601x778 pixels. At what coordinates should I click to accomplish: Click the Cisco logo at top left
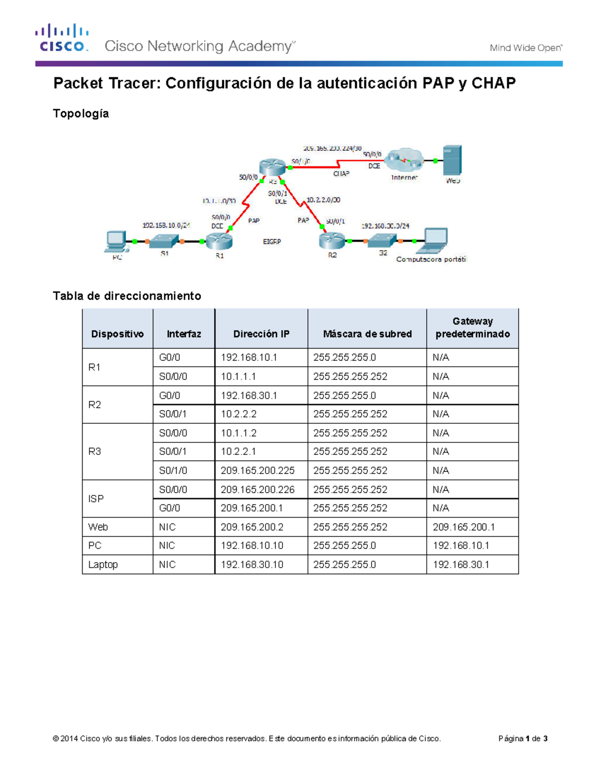62,38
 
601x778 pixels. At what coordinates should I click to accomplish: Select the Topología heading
81,114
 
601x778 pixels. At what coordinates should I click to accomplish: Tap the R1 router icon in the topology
219,241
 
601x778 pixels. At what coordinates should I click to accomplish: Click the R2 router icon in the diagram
332,241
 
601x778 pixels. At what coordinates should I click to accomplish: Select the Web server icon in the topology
452,160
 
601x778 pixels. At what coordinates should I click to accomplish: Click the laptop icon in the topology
434,240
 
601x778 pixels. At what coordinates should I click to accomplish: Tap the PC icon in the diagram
116,241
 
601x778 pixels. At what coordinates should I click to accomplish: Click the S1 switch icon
165,241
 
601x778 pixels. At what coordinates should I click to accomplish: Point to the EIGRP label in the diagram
272,241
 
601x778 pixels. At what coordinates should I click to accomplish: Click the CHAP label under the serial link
341,174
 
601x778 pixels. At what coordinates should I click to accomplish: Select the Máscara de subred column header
367,334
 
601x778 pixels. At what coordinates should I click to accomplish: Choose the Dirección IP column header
261,334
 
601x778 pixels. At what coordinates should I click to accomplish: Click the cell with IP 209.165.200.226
257,489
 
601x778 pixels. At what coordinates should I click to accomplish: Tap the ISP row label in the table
96,499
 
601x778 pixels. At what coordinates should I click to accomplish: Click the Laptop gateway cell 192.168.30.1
461,565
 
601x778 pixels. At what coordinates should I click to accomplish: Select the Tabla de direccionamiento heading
127,296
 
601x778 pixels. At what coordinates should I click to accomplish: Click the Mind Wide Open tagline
525,48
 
